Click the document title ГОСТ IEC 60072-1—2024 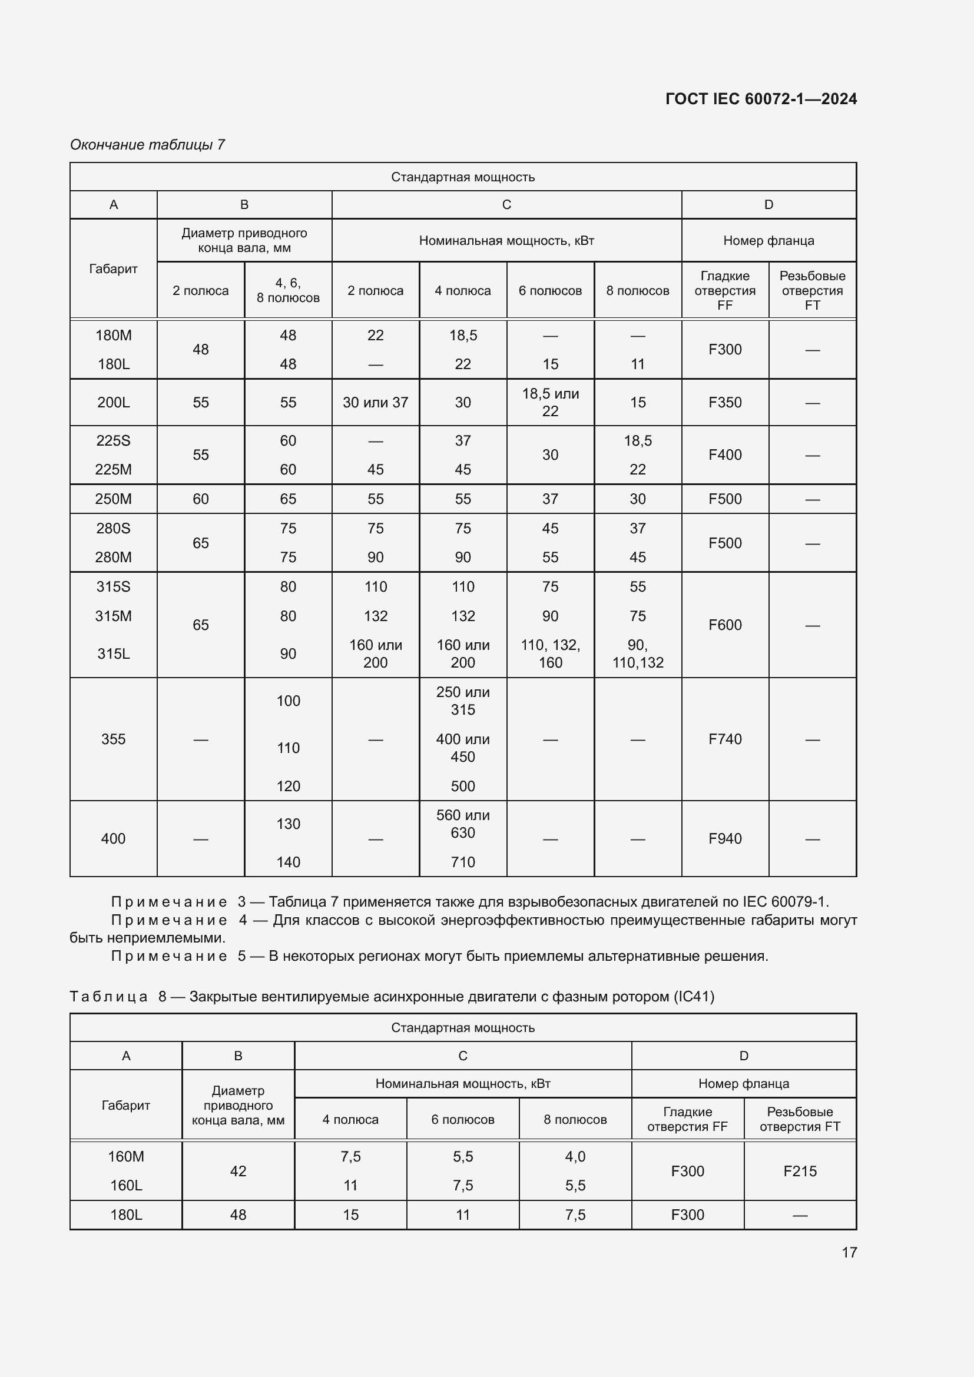[760, 99]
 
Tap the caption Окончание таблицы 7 [148, 145]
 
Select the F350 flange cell [724, 403]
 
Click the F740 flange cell [724, 739]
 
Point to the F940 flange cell [724, 838]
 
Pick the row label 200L [113, 403]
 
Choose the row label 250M [113, 499]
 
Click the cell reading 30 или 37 [376, 403]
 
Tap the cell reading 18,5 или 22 [550, 403]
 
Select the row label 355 [113, 739]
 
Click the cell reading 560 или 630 [462, 824]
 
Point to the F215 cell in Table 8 [800, 1171]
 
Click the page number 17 [849, 1252]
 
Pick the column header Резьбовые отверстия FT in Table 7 [812, 291]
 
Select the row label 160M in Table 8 [126, 1156]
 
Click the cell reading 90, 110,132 [638, 653]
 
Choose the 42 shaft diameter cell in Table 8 [238, 1171]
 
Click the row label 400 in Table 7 [113, 838]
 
